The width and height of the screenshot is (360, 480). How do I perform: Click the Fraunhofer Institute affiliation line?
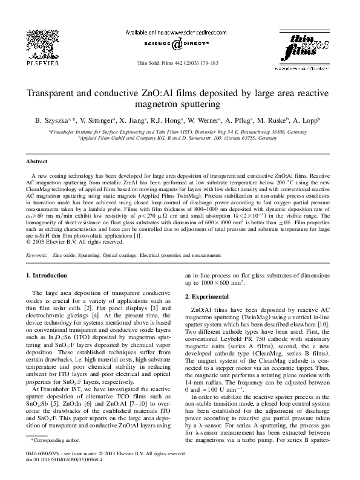(179, 130)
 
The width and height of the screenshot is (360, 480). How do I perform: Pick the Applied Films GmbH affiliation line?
(179, 138)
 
